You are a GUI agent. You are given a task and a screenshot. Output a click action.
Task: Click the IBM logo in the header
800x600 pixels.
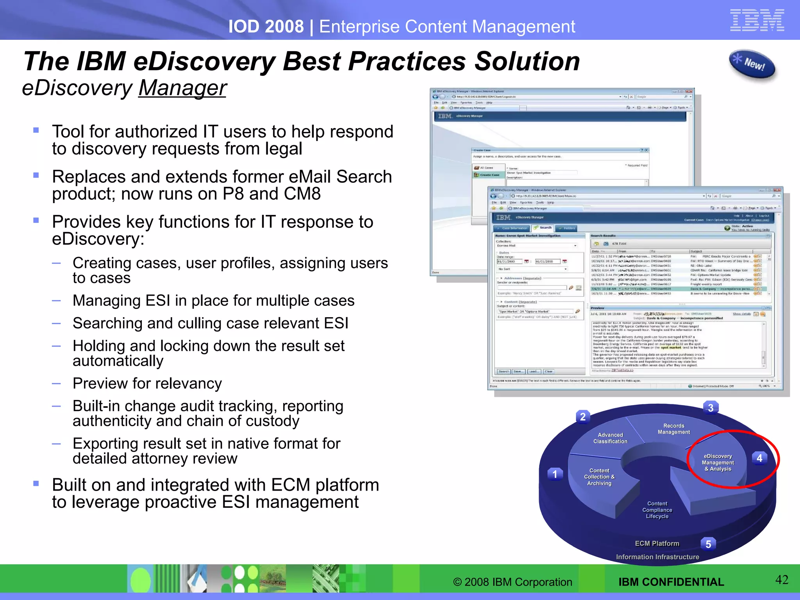point(757,20)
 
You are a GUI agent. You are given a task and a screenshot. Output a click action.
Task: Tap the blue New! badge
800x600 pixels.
point(752,64)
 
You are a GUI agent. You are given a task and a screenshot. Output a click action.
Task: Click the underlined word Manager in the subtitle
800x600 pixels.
point(182,88)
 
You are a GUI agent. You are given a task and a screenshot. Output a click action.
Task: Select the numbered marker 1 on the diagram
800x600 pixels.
point(555,474)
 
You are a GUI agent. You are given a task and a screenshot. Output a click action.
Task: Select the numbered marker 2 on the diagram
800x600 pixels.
point(583,417)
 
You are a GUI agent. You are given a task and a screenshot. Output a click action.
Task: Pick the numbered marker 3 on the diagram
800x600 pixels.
point(711,408)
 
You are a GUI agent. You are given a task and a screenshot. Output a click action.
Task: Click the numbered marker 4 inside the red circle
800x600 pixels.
point(759,458)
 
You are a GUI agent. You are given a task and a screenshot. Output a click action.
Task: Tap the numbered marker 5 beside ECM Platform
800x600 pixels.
point(708,544)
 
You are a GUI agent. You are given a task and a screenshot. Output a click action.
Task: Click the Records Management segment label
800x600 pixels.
point(674,429)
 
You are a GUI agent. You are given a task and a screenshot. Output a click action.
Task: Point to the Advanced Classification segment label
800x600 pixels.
point(611,438)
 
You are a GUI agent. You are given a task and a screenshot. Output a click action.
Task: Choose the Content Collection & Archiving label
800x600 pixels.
point(599,477)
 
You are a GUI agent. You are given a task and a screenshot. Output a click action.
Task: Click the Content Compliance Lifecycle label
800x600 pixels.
point(657,510)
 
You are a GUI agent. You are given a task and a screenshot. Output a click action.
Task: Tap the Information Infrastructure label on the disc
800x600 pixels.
point(657,557)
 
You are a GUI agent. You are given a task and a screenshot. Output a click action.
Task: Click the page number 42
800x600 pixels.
point(782,580)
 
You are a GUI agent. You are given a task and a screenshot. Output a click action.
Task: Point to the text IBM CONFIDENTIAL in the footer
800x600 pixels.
point(671,582)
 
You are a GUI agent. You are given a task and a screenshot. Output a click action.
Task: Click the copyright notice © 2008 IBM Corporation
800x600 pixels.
point(512,582)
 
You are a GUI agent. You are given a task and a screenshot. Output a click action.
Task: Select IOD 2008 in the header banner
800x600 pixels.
point(266,27)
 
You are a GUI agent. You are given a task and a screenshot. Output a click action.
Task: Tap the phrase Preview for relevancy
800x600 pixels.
point(147,383)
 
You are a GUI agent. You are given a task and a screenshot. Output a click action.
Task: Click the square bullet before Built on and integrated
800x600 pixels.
point(36,484)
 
